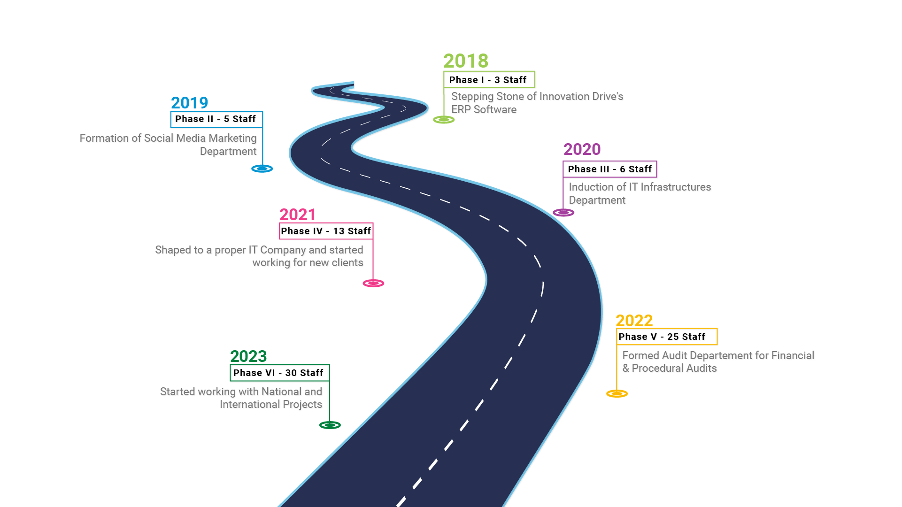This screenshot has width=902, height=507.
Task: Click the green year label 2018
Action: pos(466,61)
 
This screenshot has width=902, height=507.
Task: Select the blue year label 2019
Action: pos(189,103)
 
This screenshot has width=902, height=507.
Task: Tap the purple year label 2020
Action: pos(582,149)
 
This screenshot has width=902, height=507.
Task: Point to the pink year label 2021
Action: pos(297,215)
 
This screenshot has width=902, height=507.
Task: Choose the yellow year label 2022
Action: pos(634,321)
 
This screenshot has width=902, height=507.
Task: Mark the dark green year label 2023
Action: pos(248,356)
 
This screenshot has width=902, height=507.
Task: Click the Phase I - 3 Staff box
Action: pos(489,80)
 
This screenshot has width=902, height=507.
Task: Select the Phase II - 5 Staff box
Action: pos(216,120)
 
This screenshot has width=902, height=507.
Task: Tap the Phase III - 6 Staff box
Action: pos(610,169)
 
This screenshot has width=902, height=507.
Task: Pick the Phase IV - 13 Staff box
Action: pos(326,231)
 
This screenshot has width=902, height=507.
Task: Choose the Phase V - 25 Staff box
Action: pos(667,337)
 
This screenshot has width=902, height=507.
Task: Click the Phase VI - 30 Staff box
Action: pos(280,373)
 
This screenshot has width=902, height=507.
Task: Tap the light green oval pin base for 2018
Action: pos(444,120)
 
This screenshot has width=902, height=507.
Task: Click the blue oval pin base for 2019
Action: pos(262,169)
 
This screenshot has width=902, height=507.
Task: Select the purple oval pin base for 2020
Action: pos(563,213)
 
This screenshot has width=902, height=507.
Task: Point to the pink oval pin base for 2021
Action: pos(373,283)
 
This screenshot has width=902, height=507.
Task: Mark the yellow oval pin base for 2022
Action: pos(617,393)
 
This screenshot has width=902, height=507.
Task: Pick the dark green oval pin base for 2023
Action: pos(330,425)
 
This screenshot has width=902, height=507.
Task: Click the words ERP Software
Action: pos(484,110)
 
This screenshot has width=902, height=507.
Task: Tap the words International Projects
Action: pos(271,405)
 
